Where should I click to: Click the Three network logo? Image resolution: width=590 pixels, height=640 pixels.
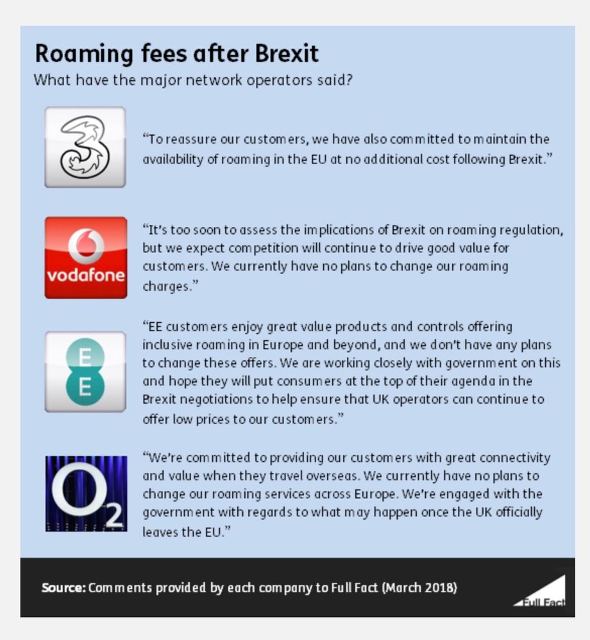[85, 147]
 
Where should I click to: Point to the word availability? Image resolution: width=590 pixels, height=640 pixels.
[173, 159]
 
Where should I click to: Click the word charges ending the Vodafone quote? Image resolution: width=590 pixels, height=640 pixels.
[165, 286]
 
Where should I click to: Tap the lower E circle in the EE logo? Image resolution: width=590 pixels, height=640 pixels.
[85, 388]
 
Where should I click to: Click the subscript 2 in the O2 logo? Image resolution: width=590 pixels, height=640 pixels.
[114, 518]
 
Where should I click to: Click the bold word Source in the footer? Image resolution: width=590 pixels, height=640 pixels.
[63, 587]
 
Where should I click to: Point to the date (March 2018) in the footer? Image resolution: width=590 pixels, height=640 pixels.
[419, 587]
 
